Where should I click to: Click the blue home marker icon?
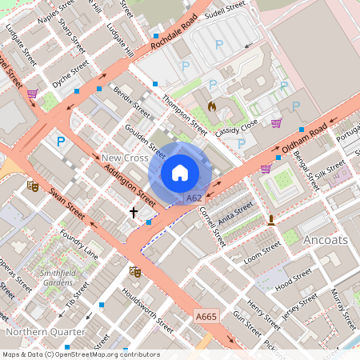point(180,173)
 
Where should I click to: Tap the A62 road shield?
point(193,198)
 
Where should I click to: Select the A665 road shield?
point(206,318)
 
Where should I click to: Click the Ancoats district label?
point(325,238)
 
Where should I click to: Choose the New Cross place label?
point(124,158)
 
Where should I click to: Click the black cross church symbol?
point(134,213)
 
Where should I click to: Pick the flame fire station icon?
point(212,105)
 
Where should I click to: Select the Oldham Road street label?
point(303,138)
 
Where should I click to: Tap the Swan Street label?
point(66,205)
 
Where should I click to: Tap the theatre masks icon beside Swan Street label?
point(33,186)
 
